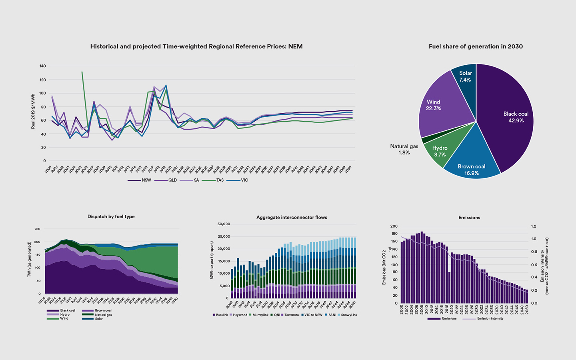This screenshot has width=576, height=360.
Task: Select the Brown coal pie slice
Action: (x=472, y=166)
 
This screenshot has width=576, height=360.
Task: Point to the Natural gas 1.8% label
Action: (x=404, y=149)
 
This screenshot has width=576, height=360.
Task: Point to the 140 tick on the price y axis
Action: (x=43, y=66)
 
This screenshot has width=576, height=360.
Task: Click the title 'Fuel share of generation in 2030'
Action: (x=476, y=46)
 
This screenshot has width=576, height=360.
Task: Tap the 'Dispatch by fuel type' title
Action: (x=111, y=216)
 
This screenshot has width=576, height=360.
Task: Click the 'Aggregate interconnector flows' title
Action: (x=292, y=218)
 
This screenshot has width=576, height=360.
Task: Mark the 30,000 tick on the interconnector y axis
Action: (x=224, y=224)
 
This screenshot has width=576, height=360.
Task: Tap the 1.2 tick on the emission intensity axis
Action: (x=534, y=226)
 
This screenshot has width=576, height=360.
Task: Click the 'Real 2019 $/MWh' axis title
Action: (x=33, y=111)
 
